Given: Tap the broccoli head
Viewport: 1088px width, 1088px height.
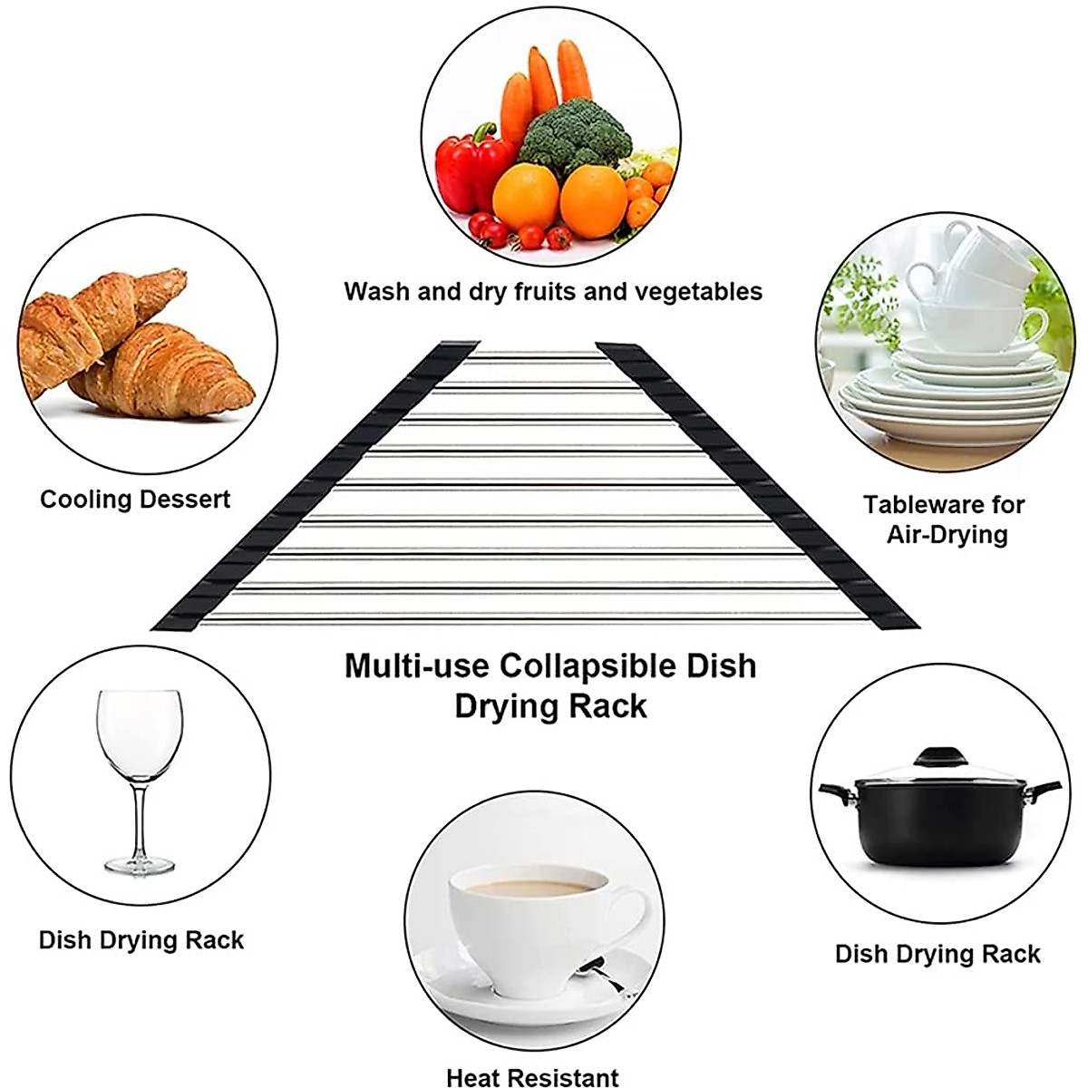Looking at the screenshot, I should click(x=576, y=136).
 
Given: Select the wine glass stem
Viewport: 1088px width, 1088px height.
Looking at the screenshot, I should click(x=140, y=816).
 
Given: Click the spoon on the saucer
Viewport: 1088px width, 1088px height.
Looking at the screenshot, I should click(x=604, y=976).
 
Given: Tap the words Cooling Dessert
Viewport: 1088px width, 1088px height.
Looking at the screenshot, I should click(x=135, y=500).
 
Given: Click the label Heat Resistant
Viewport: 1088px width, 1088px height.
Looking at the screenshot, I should click(x=532, y=1077).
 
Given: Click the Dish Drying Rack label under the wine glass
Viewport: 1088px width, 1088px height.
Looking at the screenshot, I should click(x=141, y=939).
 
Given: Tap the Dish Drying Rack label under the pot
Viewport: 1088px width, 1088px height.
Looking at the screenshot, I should click(x=937, y=953).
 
